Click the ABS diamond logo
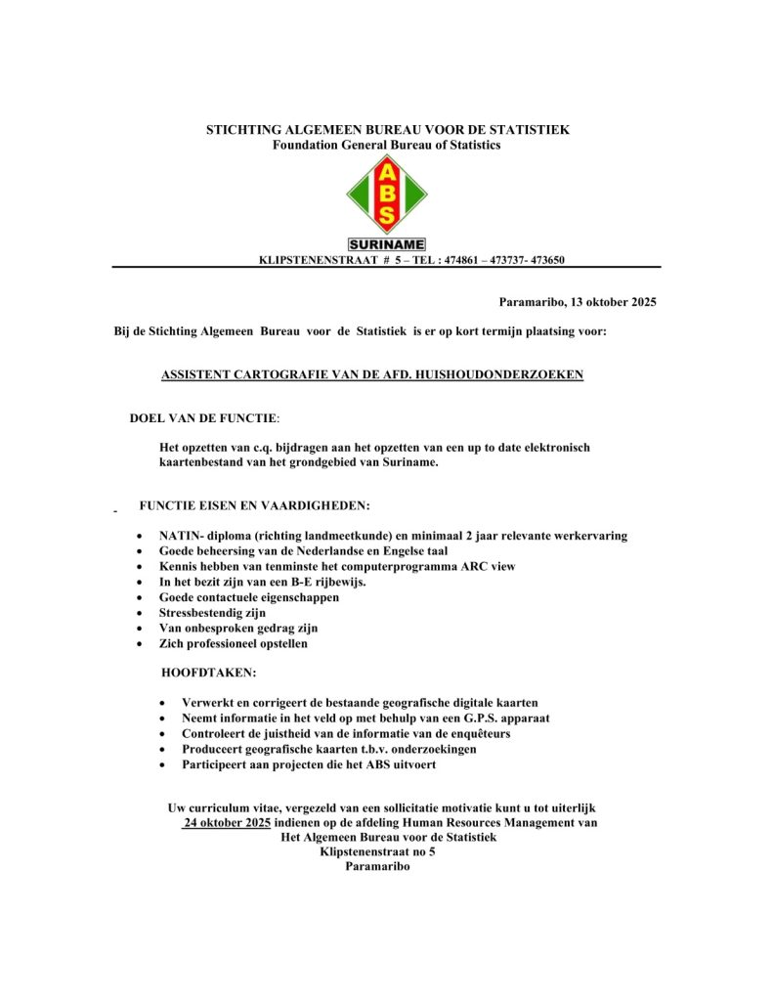coord(387,195)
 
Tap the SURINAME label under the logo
coord(387,244)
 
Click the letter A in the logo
coord(387,172)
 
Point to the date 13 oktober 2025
coord(613,302)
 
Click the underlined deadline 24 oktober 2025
coord(227,823)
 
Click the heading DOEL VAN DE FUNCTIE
coord(203,418)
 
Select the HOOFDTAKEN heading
coord(209,674)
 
